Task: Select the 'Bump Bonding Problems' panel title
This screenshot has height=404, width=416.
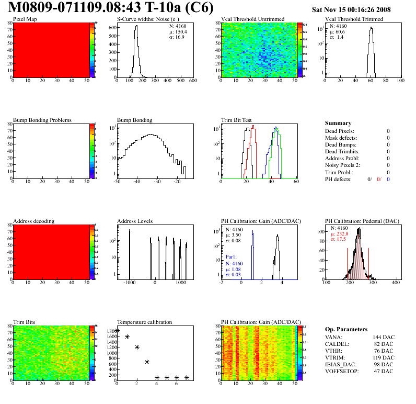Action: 42,120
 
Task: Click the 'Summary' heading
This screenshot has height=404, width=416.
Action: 338,123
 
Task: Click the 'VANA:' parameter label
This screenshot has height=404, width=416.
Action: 334,337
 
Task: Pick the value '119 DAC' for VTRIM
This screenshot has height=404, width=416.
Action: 383,357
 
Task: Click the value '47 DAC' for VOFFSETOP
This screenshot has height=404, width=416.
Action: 384,371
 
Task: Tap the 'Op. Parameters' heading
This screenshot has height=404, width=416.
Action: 346,329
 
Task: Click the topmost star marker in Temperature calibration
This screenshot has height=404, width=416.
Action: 117,331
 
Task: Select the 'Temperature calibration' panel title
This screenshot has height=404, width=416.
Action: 145,322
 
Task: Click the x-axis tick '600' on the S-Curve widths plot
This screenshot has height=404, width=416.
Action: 192,81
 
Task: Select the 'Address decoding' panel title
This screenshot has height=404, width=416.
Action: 33,221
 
